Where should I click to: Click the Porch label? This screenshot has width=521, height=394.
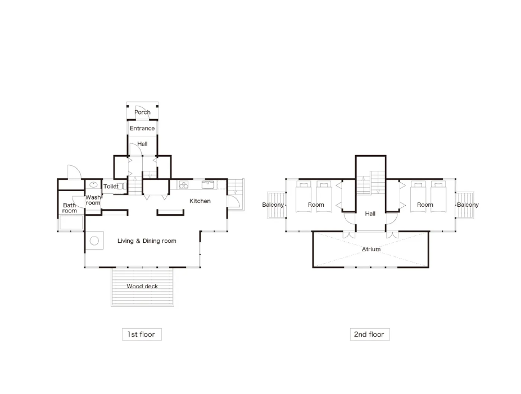tap(142, 112)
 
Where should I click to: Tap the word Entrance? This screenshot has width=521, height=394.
tap(142, 128)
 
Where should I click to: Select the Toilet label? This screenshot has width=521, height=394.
tap(111, 187)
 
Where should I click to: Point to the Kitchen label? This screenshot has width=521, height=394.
tap(200, 201)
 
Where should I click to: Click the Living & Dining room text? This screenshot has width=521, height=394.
tap(147, 241)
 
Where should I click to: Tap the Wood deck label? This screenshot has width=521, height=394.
tap(142, 286)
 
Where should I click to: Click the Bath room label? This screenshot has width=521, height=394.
tap(70, 208)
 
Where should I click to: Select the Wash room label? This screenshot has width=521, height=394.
tap(93, 200)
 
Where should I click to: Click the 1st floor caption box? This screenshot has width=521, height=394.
tap(142, 334)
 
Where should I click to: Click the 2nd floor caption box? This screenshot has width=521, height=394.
tap(370, 334)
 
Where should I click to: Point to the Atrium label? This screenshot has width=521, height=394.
tap(371, 249)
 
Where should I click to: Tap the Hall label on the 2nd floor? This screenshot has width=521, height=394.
tap(370, 214)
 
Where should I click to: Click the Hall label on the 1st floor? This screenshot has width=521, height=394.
tap(143, 144)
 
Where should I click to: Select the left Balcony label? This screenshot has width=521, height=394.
tap(273, 205)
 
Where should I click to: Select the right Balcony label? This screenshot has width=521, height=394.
tap(468, 205)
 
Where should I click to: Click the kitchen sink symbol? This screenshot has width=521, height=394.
tap(207, 185)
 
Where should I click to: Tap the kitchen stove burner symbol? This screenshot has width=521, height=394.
tap(183, 185)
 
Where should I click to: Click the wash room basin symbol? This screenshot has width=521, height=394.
tap(93, 185)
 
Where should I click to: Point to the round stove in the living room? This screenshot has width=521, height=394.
tap(94, 241)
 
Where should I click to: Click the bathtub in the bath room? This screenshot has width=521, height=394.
tap(71, 223)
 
